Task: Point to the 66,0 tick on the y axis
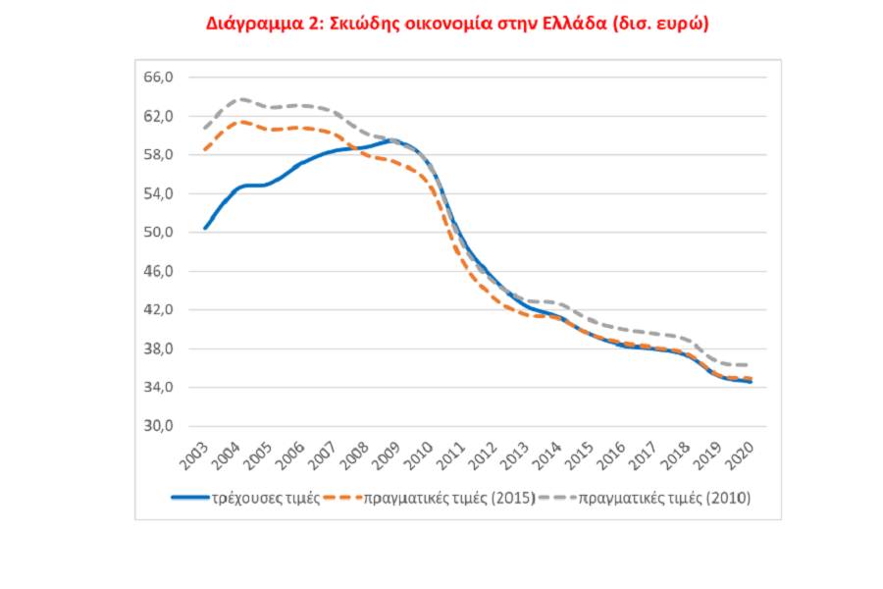point(158,78)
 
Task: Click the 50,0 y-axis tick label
point(158,233)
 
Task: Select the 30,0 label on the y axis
point(158,426)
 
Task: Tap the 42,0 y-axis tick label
point(158,310)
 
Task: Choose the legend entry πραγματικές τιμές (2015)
point(448,498)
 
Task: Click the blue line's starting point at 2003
point(204,228)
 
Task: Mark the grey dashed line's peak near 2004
point(241,99)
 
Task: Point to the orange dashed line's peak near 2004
point(242,122)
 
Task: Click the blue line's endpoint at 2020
point(751,382)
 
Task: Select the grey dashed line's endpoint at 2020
point(751,365)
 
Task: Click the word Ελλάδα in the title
point(568,24)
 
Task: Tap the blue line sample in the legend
point(188,498)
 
